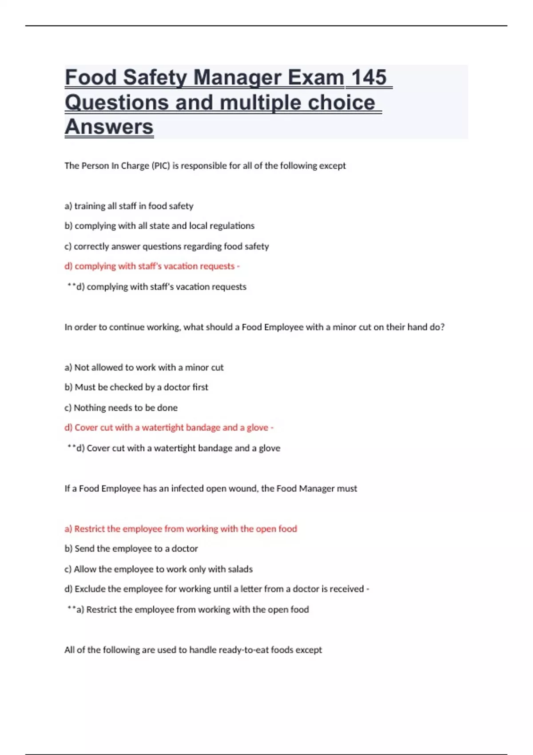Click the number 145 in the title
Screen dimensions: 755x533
pos(368,77)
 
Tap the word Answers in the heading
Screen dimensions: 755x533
pos(109,127)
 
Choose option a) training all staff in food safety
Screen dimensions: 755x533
pos(129,206)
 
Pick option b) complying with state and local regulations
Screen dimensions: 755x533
pos(159,226)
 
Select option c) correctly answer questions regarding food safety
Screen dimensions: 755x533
pos(167,246)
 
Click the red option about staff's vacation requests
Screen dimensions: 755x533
pos(152,266)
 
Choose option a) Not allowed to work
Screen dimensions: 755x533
pos(144,368)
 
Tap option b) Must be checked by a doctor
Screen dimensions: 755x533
pos(136,387)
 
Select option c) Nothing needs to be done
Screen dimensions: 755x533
pos(121,408)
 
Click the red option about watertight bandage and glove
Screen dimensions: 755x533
pos(169,428)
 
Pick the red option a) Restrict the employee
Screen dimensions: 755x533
pos(181,529)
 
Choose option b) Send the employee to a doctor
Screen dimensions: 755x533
pos(131,549)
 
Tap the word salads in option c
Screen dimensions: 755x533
pos(240,569)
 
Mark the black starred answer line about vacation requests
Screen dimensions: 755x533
pos(157,287)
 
